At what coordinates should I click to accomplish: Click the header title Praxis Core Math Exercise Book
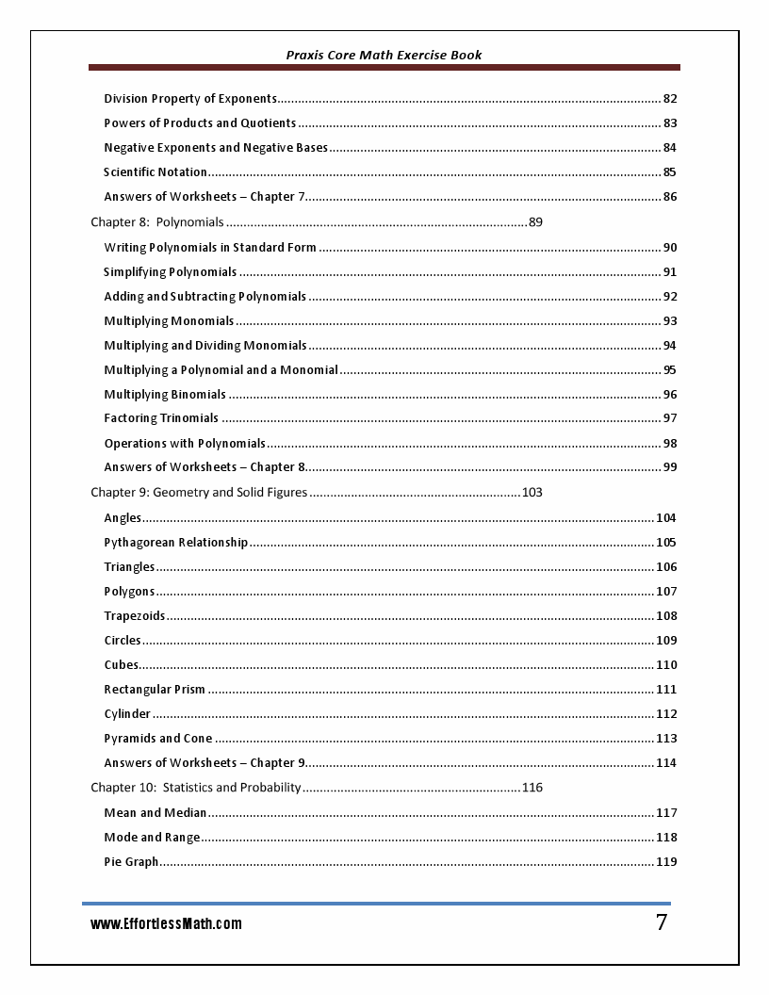point(384,55)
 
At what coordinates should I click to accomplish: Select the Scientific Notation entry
point(155,172)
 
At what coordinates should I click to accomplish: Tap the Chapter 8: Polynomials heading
point(157,222)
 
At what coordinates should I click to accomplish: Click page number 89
point(535,222)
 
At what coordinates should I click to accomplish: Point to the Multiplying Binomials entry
point(165,395)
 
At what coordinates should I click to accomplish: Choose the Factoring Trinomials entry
point(161,418)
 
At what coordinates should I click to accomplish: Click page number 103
point(532,492)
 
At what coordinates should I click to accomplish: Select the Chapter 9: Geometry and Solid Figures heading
point(199,492)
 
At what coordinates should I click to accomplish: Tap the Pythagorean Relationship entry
point(176,543)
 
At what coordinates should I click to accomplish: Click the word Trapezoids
point(135,616)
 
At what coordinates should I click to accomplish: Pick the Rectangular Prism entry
point(155,690)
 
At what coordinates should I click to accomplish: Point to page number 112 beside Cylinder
point(666,714)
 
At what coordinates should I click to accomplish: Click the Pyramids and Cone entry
point(158,739)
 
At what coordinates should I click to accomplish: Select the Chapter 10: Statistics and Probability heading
point(196,787)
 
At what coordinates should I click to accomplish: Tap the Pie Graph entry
point(131,862)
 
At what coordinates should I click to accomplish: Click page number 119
point(666,862)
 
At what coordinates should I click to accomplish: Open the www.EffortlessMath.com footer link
point(166,924)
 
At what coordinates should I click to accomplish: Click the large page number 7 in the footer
point(662,922)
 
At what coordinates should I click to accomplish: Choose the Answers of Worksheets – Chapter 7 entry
point(205,197)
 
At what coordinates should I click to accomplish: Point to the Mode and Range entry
point(152,838)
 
